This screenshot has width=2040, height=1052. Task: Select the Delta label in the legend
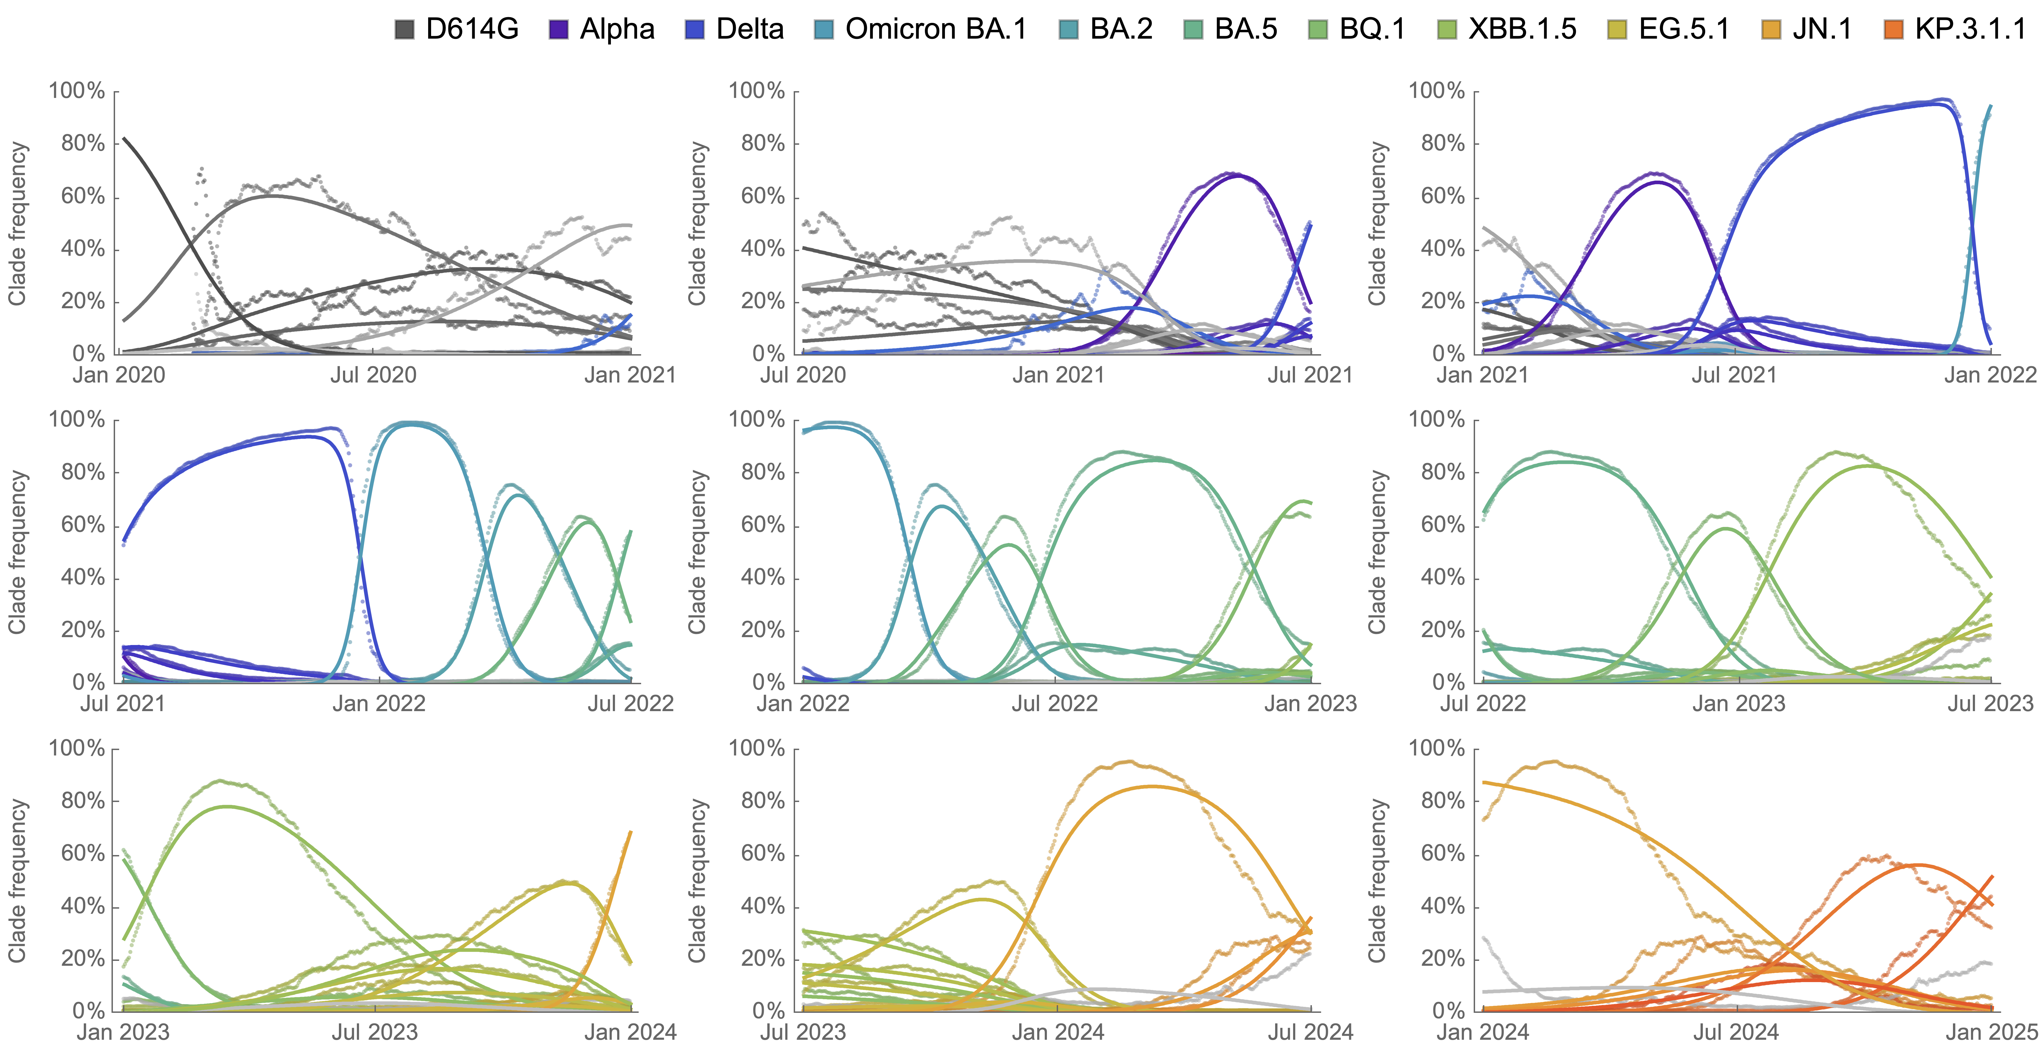click(x=749, y=29)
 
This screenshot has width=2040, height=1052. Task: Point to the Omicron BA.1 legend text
click(x=935, y=29)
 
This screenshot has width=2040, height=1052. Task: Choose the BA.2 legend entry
click(x=1121, y=29)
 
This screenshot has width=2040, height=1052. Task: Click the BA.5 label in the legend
click(x=1246, y=29)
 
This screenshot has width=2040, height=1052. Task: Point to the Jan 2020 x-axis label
click(x=119, y=375)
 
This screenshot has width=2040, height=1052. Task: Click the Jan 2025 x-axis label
click(x=1991, y=1032)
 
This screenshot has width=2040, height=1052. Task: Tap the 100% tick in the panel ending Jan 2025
click(x=1436, y=749)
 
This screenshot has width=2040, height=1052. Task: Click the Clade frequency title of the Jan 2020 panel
click(x=17, y=223)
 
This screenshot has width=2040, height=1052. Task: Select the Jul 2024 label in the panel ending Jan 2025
click(x=1736, y=1032)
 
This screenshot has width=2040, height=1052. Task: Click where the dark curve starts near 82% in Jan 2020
click(x=123, y=139)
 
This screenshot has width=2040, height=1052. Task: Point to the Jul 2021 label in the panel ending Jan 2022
click(x=1734, y=375)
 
